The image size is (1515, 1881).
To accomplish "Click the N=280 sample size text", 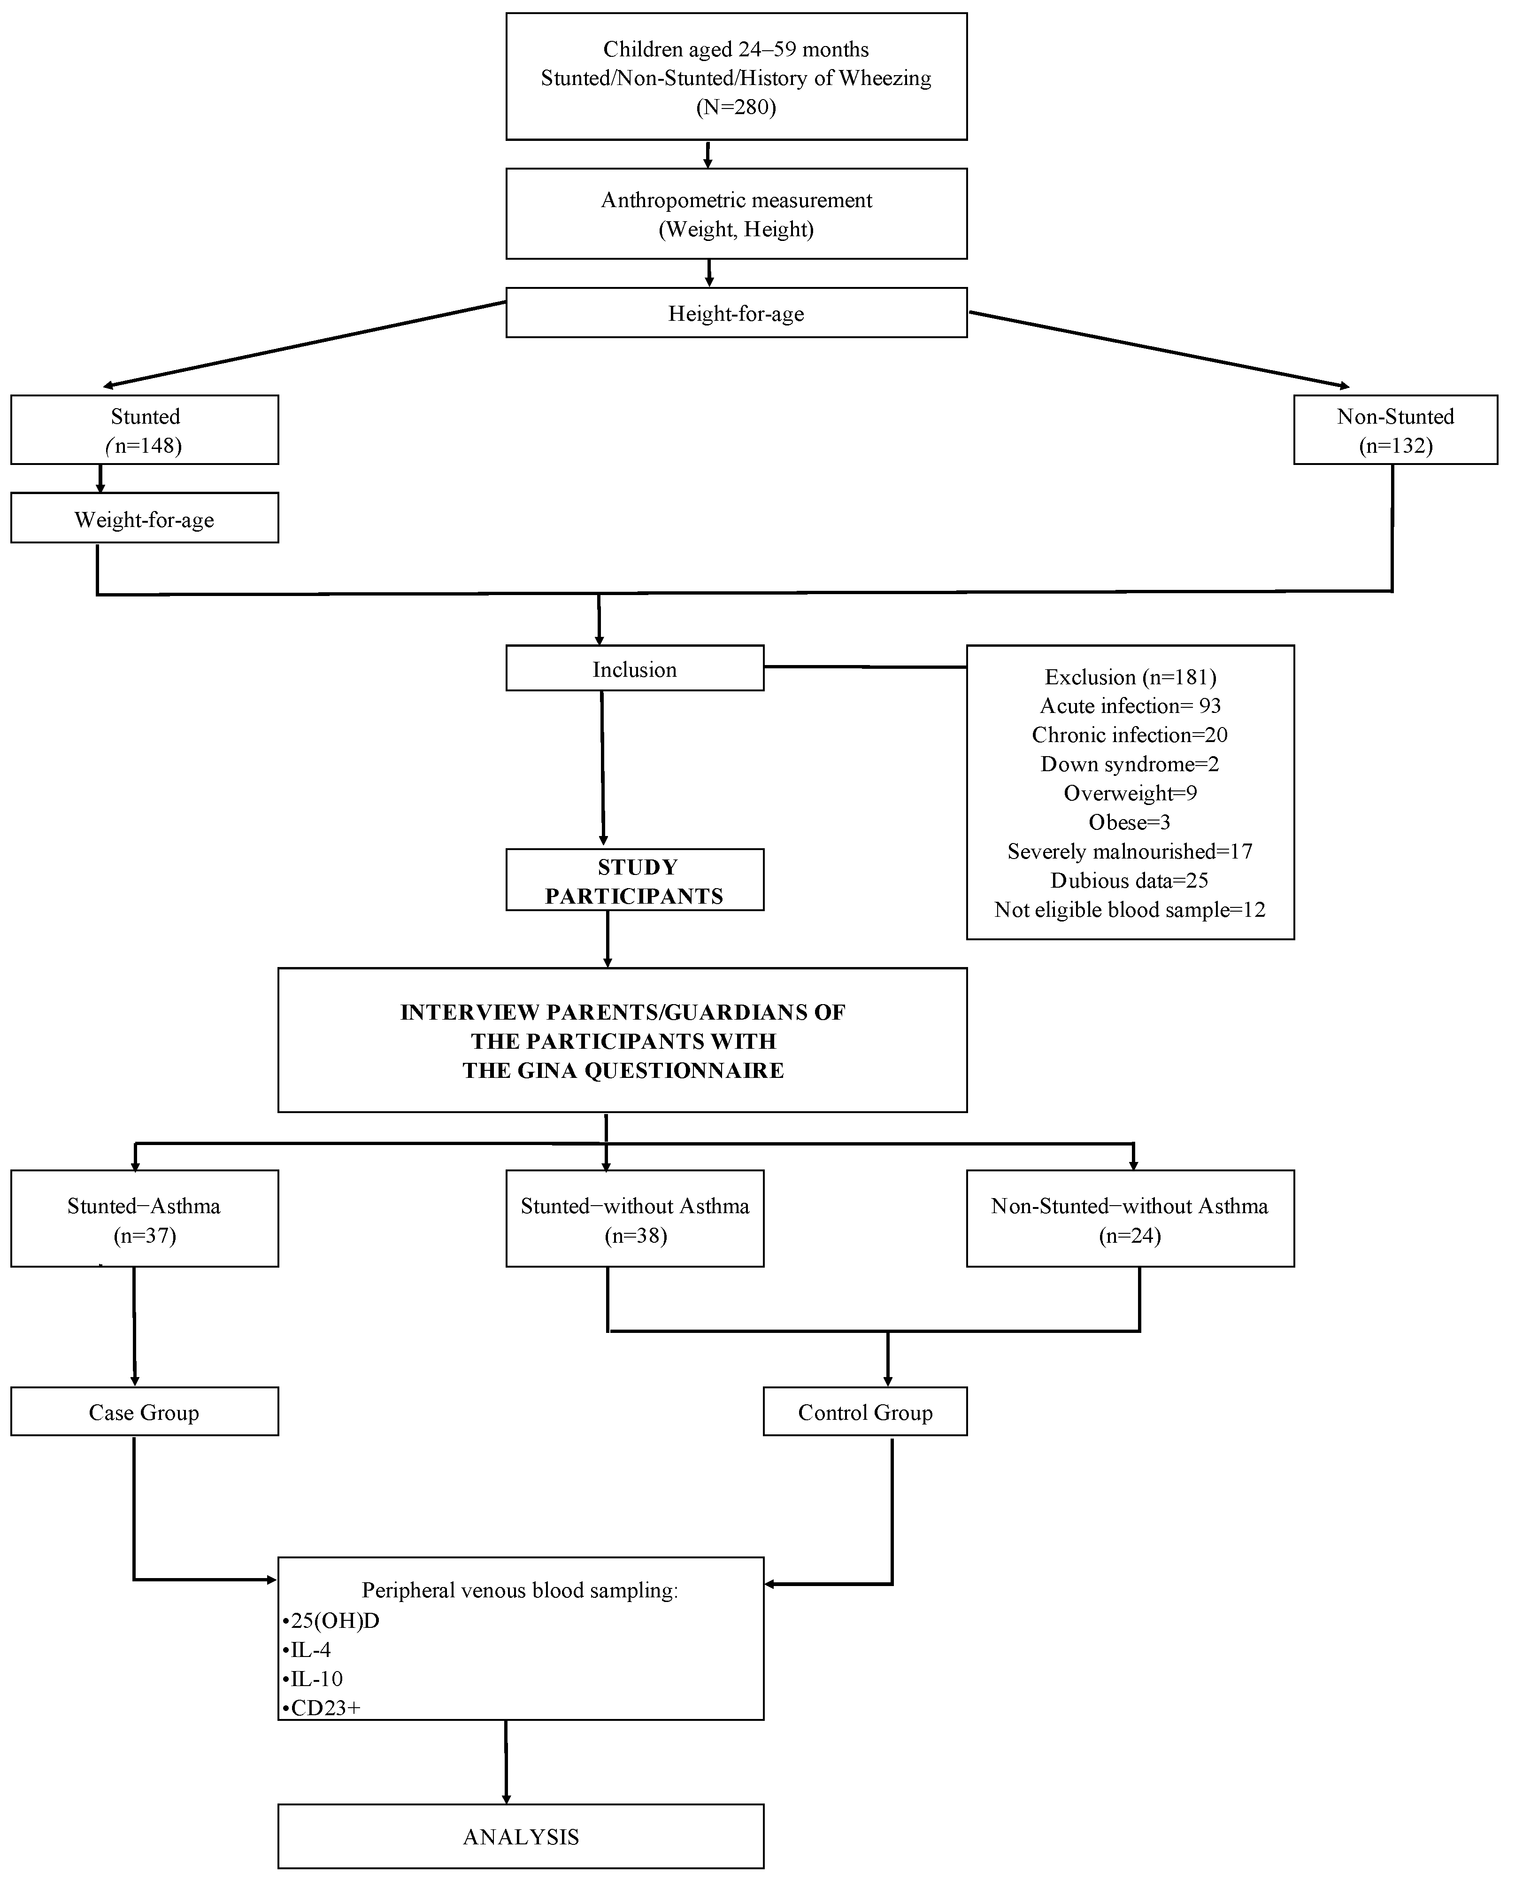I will click(736, 108).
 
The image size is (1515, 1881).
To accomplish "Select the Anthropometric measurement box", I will click(736, 214).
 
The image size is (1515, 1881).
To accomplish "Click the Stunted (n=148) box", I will click(145, 430).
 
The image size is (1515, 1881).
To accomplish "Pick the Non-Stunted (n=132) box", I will click(1394, 430).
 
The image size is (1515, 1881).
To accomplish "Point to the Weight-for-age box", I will click(145, 519).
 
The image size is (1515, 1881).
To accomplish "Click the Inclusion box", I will click(634, 669).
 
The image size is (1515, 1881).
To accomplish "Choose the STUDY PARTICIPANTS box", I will click(634, 882).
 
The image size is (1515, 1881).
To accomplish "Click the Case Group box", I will click(145, 1412).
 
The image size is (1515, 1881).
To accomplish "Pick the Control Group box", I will click(865, 1412).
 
